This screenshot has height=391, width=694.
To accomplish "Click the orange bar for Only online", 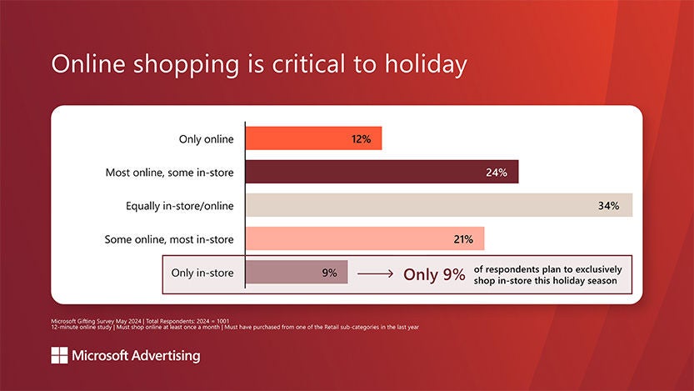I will tap(313, 138).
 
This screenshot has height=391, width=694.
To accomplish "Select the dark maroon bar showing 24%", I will tap(382, 173).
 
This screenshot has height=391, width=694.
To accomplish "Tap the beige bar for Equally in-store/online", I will tap(439, 206).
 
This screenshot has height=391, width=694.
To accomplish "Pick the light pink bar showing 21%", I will tap(365, 239).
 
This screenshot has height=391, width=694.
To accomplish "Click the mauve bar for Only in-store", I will tap(297, 272).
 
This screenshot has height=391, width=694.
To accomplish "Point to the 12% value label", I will tap(361, 139).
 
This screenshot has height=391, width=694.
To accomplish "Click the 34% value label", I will tap(608, 206).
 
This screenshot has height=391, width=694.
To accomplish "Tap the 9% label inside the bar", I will tap(329, 273).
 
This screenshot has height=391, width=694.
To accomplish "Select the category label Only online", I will tap(207, 139).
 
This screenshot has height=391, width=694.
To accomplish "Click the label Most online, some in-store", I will tap(169, 173).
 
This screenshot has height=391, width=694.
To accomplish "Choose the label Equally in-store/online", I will tap(179, 206).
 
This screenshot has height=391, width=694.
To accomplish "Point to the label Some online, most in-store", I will tap(169, 239).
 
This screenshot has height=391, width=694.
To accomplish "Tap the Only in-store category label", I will tap(202, 273).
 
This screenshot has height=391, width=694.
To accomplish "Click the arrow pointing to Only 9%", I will tap(375, 273).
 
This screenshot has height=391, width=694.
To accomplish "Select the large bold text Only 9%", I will tap(434, 274).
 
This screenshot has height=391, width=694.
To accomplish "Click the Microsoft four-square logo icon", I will tap(59, 356).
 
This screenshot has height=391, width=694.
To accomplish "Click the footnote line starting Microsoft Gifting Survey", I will tap(150, 320).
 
